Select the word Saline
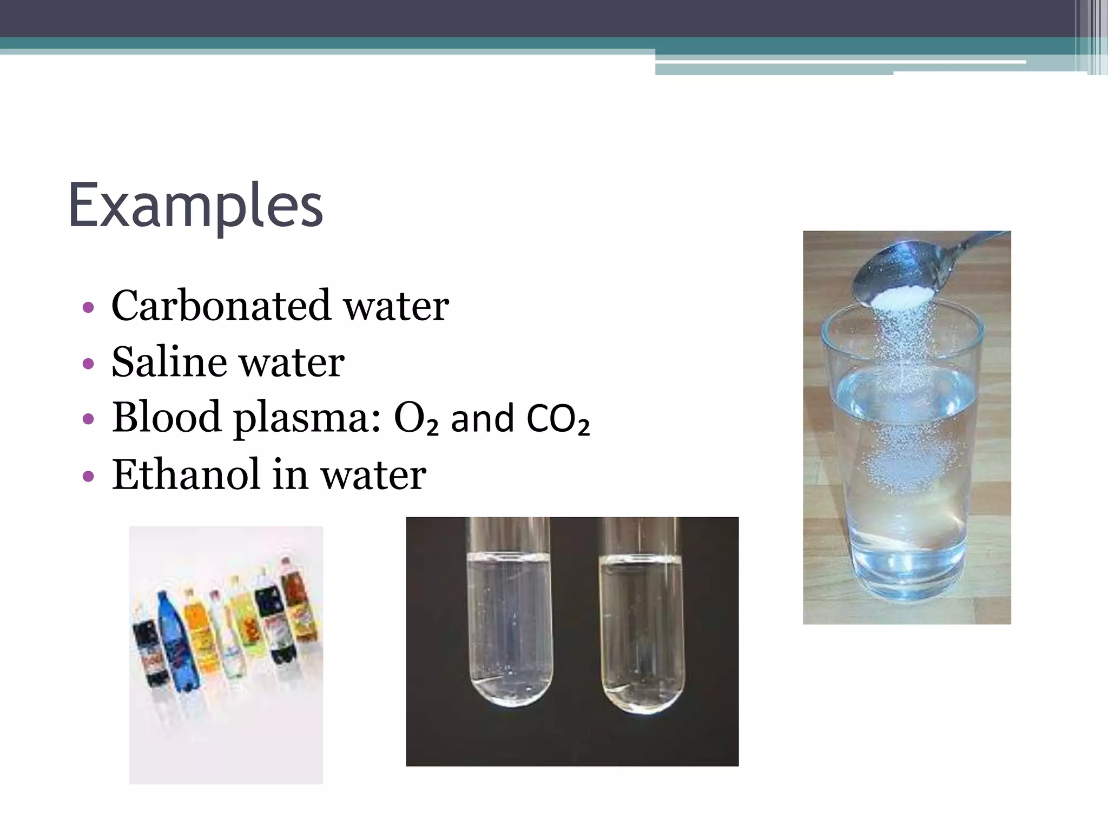168,361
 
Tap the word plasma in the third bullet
301,418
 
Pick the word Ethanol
186,474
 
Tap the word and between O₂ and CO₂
482,419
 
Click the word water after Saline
291,361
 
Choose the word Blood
166,418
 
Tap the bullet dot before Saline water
88,364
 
